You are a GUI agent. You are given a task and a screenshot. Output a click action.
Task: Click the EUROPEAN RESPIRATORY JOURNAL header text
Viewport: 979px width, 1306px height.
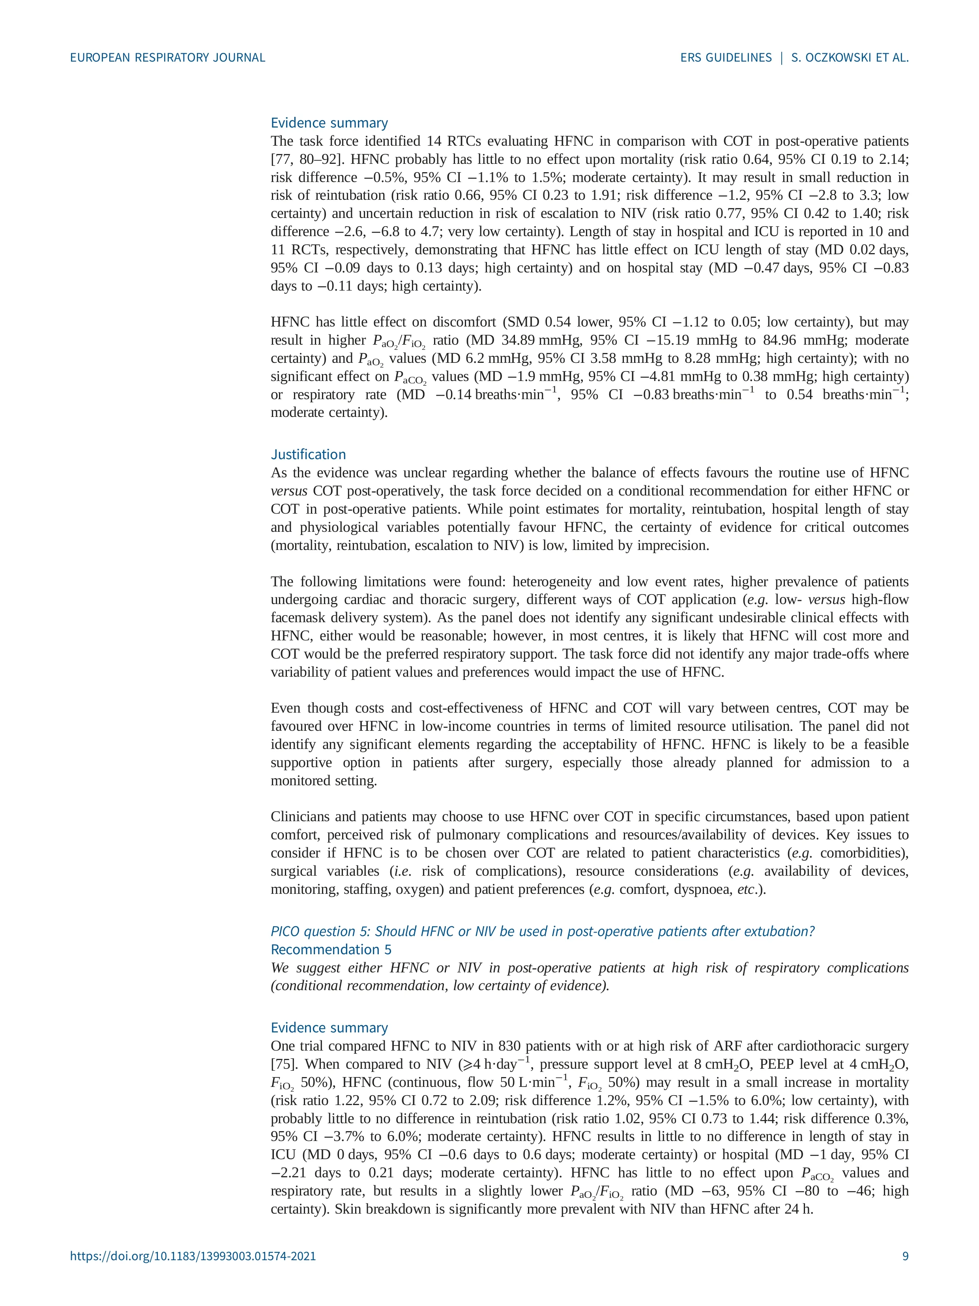pyautogui.click(x=168, y=57)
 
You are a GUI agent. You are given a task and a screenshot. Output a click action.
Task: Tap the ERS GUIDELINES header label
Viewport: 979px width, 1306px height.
pyautogui.click(x=725, y=57)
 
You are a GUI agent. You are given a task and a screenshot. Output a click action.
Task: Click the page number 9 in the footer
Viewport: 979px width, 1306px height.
pyautogui.click(x=905, y=1273)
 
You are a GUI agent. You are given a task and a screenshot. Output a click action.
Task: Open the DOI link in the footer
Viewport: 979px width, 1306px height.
pyautogui.click(x=193, y=1273)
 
